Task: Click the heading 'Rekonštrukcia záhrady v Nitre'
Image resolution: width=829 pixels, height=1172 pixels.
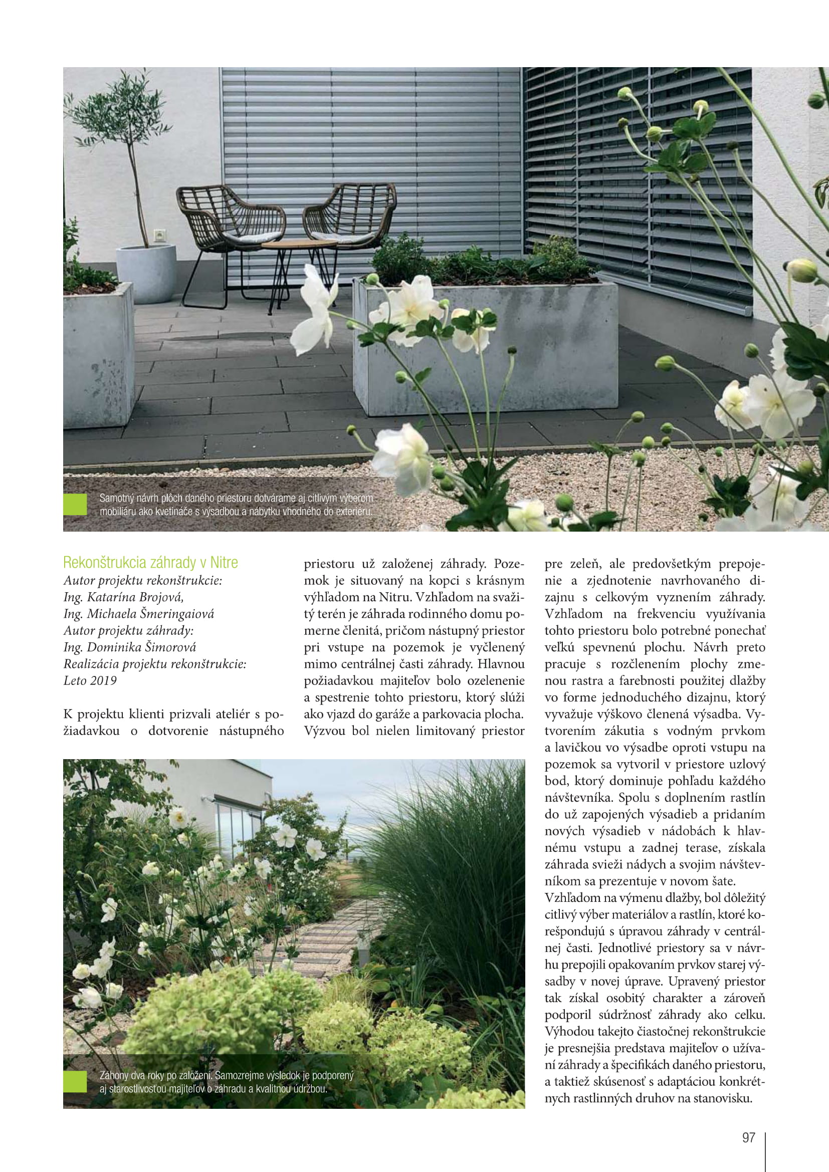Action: click(x=150, y=563)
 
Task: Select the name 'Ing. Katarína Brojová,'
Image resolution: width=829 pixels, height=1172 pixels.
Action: click(x=123, y=597)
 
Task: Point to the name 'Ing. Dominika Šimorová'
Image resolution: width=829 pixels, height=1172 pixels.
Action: click(x=130, y=647)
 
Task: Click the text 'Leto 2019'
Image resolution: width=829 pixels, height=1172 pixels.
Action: click(x=90, y=681)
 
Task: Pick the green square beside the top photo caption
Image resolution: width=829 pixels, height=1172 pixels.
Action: click(x=75, y=505)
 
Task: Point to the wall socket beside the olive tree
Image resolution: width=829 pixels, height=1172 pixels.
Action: click(x=160, y=236)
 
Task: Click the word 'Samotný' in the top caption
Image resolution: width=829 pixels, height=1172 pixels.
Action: click(x=115, y=498)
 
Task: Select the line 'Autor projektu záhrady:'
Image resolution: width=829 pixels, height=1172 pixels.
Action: click(x=129, y=630)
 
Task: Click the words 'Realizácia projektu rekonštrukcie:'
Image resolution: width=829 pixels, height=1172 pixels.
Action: click(x=155, y=664)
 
